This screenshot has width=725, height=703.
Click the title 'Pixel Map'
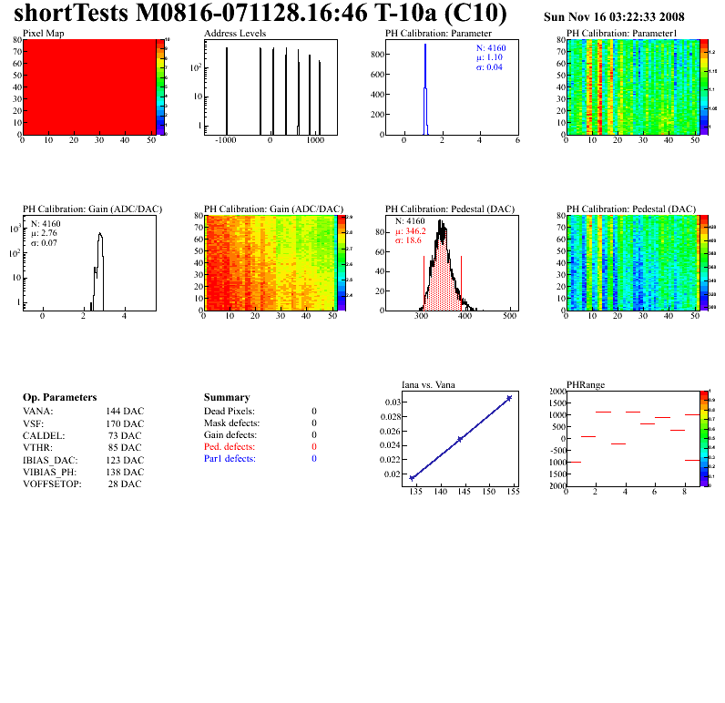pyautogui.click(x=42, y=33)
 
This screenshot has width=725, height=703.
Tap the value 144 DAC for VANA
pyautogui.click(x=125, y=412)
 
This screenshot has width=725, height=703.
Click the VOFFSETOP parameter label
pyautogui.click(x=52, y=484)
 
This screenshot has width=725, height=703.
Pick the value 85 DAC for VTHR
pyautogui.click(x=125, y=447)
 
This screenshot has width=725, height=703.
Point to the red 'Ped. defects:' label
pyautogui.click(x=230, y=447)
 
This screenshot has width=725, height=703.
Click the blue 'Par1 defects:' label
pyautogui.click(x=230, y=459)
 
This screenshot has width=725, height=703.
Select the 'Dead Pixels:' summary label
pyautogui.click(x=230, y=412)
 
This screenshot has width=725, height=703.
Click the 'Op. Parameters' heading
pyautogui.click(x=59, y=398)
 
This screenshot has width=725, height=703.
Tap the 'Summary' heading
pyautogui.click(x=227, y=398)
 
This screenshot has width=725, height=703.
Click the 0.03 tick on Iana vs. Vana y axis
pyautogui.click(x=393, y=402)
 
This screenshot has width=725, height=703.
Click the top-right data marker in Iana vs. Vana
pyautogui.click(x=509, y=398)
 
